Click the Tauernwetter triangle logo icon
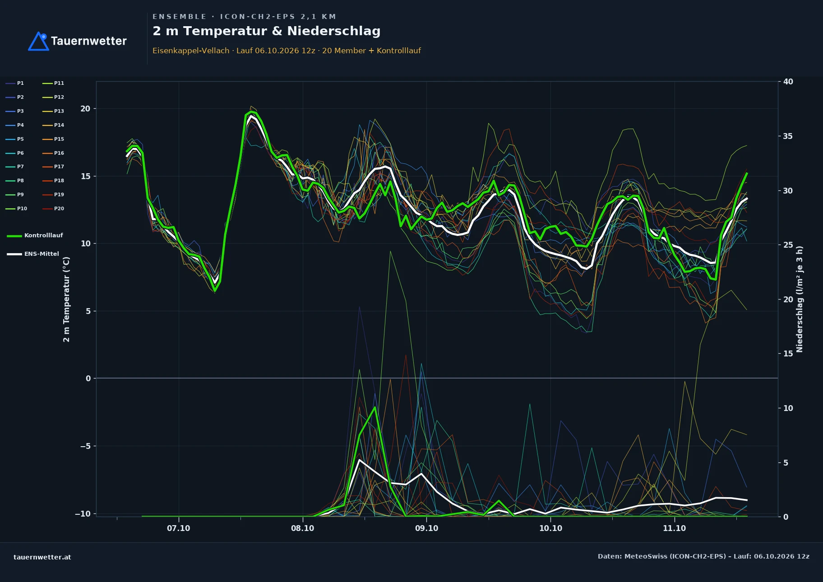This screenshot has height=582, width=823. pyautogui.click(x=38, y=41)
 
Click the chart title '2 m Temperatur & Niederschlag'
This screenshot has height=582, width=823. pyautogui.click(x=266, y=31)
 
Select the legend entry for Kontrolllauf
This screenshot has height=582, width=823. pyautogui.click(x=35, y=236)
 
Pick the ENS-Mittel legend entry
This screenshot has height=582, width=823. pyautogui.click(x=33, y=254)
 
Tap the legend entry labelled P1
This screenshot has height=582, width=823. pyautogui.click(x=15, y=83)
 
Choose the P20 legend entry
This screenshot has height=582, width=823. pyautogui.click(x=53, y=208)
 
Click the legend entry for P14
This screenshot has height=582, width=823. pyautogui.click(x=53, y=125)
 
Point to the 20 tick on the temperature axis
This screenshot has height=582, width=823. pyautogui.click(x=85, y=109)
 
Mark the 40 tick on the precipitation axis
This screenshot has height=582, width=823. pyautogui.click(x=788, y=82)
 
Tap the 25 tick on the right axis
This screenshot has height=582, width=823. pyautogui.click(x=788, y=245)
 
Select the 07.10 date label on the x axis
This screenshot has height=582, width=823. pyautogui.click(x=179, y=528)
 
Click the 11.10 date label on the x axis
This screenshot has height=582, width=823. pyautogui.click(x=674, y=528)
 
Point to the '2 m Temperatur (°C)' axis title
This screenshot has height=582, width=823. pyautogui.click(x=66, y=299)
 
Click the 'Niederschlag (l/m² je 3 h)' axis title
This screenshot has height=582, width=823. pyautogui.click(x=800, y=299)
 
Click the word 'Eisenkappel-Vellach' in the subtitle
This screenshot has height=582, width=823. pyautogui.click(x=191, y=51)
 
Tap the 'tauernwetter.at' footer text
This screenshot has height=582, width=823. pyautogui.click(x=42, y=557)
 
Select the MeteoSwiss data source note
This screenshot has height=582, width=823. pyautogui.click(x=703, y=556)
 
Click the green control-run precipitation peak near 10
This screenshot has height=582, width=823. pyautogui.click(x=375, y=407)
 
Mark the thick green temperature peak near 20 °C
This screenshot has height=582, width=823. pyautogui.click(x=251, y=111)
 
